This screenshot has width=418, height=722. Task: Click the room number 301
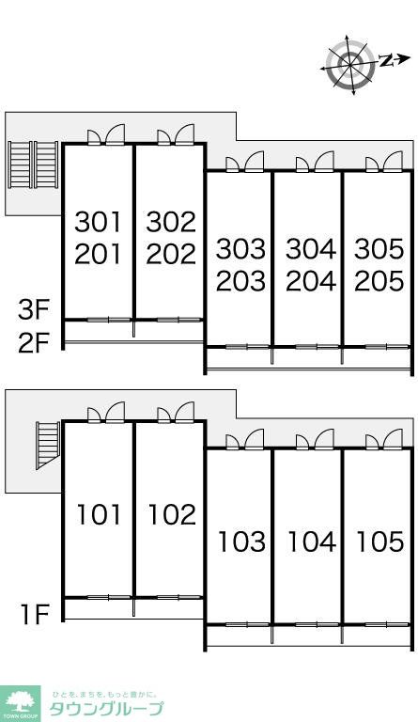tap(98, 222)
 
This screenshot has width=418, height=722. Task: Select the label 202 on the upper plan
tap(172, 254)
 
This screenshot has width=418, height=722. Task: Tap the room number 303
tap(241, 248)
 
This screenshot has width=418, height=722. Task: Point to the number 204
tap(311, 281)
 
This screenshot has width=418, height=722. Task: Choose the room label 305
tap(379, 248)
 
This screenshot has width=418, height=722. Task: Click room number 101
tap(99, 514)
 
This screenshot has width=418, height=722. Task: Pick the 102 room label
tap(172, 514)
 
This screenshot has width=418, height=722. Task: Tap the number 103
tap(241, 541)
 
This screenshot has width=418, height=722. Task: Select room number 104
tap(312, 541)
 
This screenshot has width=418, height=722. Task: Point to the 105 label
tap(380, 541)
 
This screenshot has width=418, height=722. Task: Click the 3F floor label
tap(33, 310)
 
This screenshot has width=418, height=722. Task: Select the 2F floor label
tap(33, 342)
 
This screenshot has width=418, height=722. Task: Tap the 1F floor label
tap(35, 614)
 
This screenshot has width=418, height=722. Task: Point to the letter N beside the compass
tap(385, 60)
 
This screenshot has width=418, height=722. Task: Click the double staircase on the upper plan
tap(33, 165)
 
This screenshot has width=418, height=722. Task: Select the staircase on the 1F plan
tap(48, 445)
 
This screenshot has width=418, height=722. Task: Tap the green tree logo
tap(21, 701)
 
